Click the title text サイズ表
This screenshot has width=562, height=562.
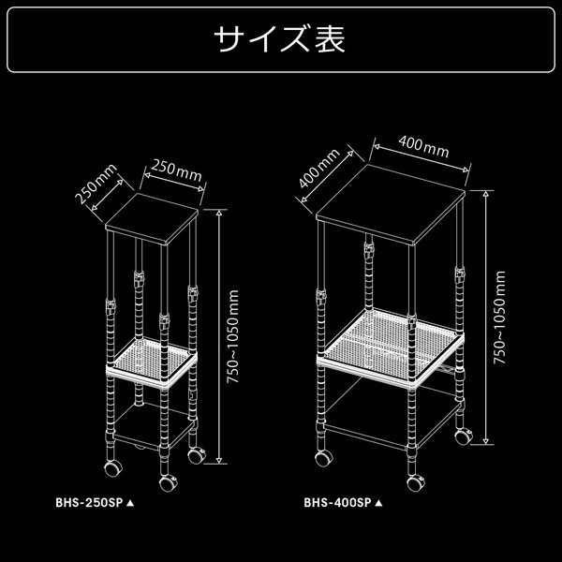pyautogui.click(x=280, y=40)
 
